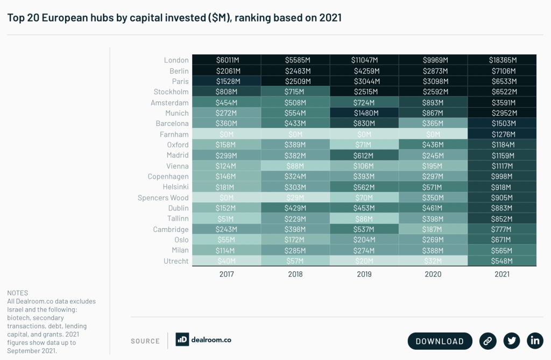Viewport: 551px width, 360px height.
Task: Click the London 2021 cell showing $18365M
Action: click(501, 60)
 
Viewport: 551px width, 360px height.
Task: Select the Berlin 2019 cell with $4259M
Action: click(364, 71)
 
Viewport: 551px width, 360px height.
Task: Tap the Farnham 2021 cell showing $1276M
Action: click(501, 135)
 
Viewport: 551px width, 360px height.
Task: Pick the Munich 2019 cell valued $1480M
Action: click(364, 113)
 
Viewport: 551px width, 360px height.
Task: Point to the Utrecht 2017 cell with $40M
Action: click(226, 262)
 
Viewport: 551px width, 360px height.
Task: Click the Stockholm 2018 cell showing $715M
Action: click(295, 92)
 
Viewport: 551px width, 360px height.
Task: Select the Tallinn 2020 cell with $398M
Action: click(433, 219)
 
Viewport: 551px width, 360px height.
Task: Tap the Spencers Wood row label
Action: click(163, 197)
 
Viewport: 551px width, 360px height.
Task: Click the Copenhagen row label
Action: click(168, 177)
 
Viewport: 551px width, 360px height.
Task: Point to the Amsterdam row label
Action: click(169, 103)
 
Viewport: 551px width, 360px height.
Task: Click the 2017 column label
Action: click(226, 274)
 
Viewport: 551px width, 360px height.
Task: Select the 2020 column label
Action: click(433, 274)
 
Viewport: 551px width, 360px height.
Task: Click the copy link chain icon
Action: click(488, 341)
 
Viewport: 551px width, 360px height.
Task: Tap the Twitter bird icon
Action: click(511, 341)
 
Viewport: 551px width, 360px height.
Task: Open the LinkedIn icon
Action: click(535, 341)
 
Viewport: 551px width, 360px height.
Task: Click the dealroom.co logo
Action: click(203, 340)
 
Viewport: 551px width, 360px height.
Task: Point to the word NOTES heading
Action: click(18, 293)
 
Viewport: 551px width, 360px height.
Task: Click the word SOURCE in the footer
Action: click(145, 341)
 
